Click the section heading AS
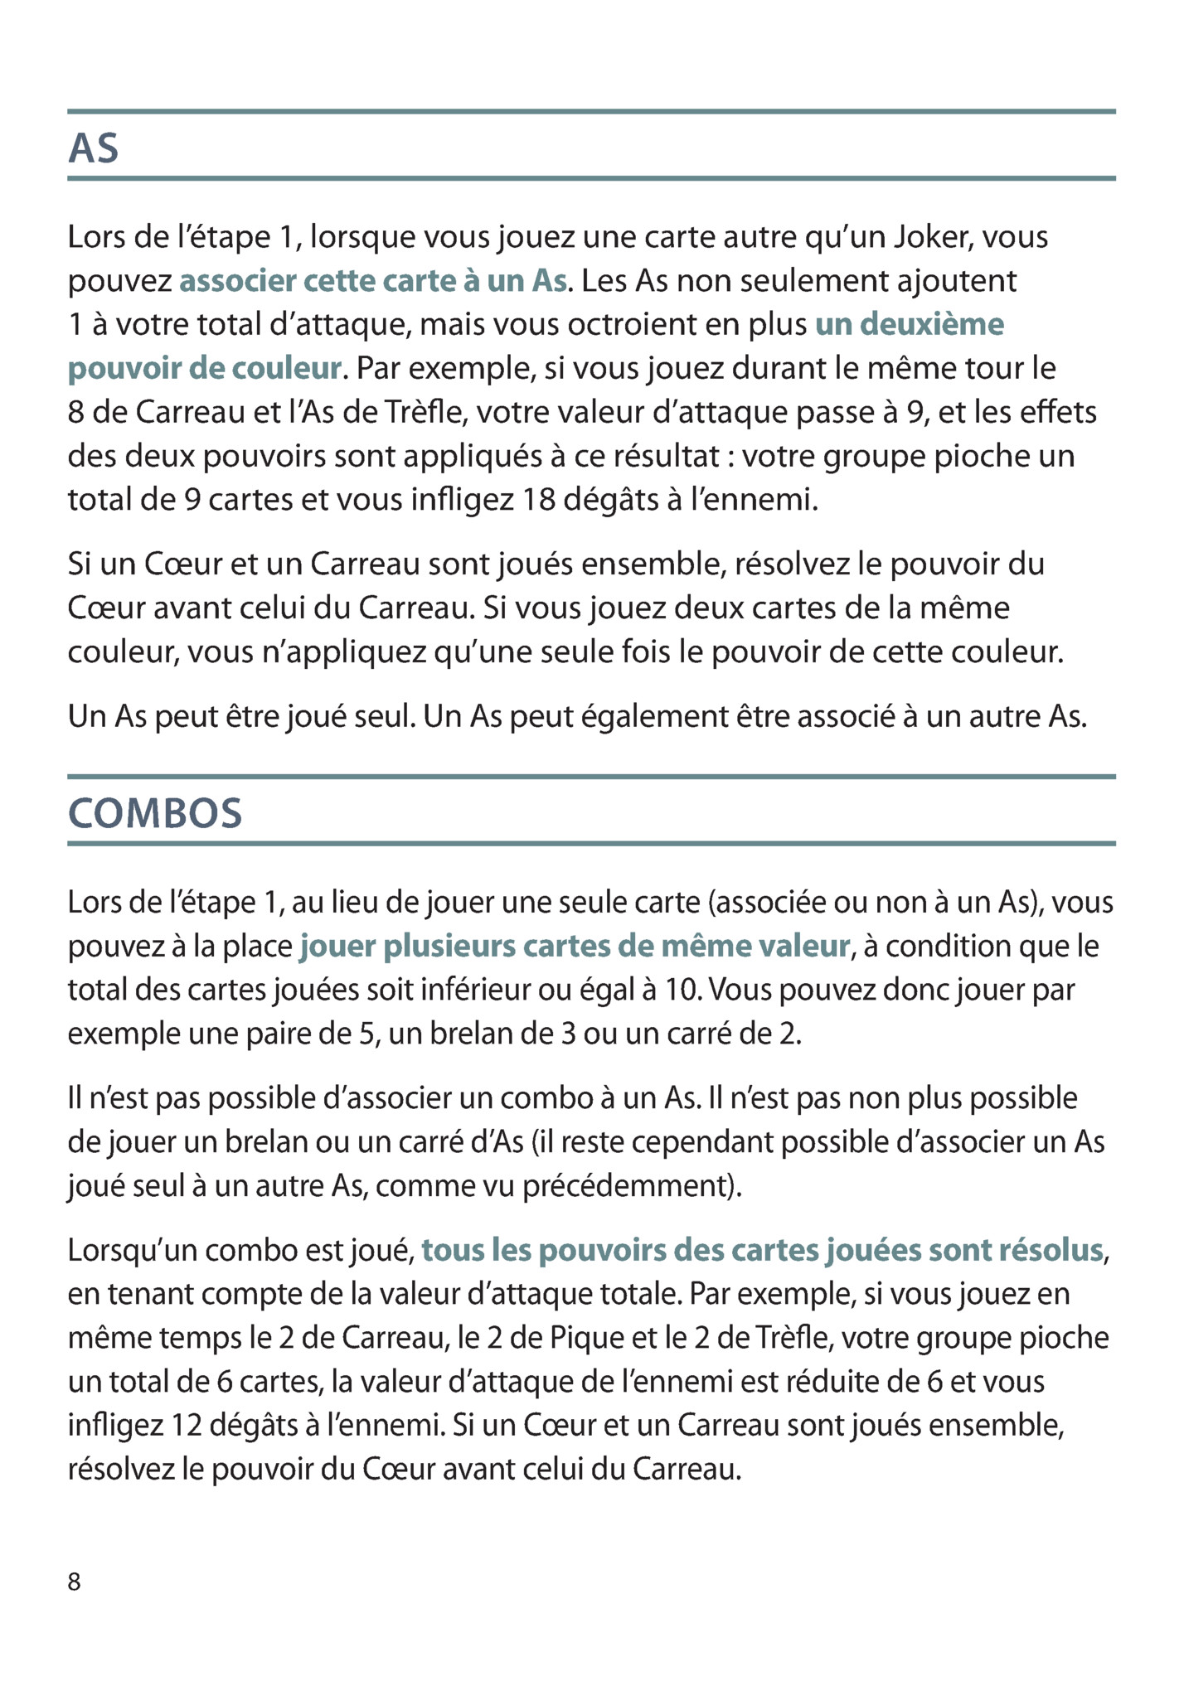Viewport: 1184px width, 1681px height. point(93,148)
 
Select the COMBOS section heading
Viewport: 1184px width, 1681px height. point(155,813)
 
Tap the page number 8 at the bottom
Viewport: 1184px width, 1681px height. point(75,1582)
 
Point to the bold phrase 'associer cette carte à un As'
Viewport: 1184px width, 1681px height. point(373,281)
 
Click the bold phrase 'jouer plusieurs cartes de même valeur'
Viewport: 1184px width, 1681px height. point(575,946)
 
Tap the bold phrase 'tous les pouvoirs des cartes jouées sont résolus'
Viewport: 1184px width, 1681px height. point(763,1250)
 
